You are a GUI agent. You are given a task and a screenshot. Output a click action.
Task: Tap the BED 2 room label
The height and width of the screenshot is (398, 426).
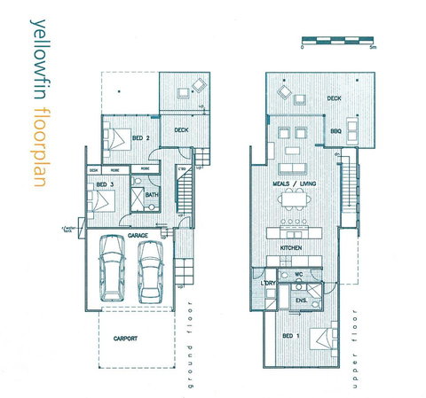tap(140, 138)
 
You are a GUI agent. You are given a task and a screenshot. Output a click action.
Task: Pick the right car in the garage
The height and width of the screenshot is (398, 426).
tap(151, 270)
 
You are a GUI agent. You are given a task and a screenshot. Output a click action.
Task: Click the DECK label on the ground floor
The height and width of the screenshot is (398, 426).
tap(181, 129)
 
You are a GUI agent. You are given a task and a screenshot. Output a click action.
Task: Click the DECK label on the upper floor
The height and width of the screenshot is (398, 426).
tap(334, 98)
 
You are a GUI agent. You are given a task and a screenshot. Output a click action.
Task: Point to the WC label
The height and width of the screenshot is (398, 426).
tap(301, 276)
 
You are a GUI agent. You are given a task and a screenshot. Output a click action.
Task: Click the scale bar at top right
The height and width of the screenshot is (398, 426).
tap(338, 40)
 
